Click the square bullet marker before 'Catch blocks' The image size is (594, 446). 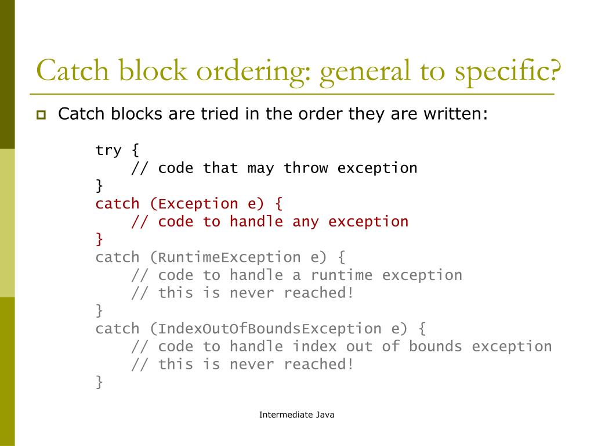tap(41, 114)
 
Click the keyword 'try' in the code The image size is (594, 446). tap(108, 150)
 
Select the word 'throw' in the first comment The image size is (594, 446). tap(306, 168)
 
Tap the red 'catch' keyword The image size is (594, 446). tap(117, 204)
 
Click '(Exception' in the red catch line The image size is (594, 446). tap(194, 204)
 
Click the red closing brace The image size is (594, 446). tap(99, 239)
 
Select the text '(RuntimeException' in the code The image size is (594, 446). tap(225, 257)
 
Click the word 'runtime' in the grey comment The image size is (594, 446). tap(342, 275)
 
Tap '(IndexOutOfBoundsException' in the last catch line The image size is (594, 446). tap(266, 329)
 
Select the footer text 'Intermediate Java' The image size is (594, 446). tap(296, 415)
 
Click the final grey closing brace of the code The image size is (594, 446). tap(99, 382)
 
